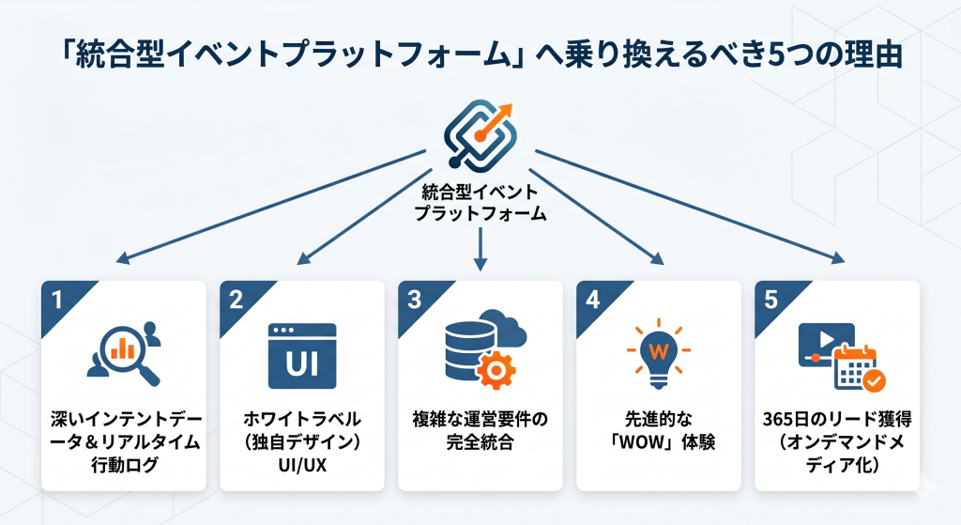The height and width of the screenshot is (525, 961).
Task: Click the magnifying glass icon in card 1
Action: point(129,356)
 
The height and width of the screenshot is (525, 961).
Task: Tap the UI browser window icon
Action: point(302,356)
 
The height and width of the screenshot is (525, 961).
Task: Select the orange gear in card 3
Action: point(496,370)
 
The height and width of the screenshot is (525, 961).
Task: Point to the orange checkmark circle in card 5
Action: point(874,380)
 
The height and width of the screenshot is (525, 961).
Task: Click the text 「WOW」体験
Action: point(659,441)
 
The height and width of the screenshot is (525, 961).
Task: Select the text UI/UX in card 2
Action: point(302,465)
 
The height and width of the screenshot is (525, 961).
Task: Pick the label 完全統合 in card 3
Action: point(480,441)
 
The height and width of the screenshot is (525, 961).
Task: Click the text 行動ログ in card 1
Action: point(125,465)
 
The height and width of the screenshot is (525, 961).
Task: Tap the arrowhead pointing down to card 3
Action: point(480,263)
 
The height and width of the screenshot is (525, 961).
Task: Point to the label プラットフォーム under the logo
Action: point(480,213)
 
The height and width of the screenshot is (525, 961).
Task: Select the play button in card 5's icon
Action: point(826,339)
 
